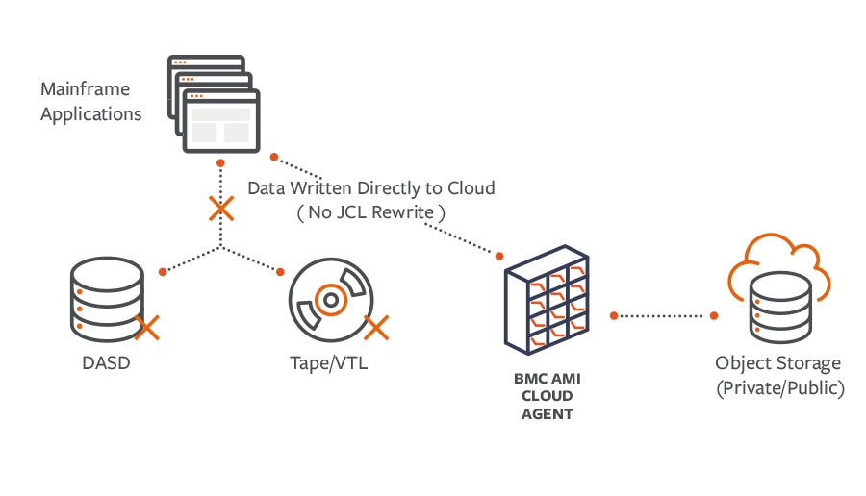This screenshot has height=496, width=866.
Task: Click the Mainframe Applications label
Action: tap(91, 102)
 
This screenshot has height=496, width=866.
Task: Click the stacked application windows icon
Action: tap(214, 104)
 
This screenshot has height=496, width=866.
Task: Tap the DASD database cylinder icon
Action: tap(107, 299)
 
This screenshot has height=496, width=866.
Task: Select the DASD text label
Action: tap(106, 363)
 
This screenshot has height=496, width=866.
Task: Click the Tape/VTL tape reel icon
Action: tap(331, 300)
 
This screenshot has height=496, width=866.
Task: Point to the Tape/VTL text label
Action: tap(329, 363)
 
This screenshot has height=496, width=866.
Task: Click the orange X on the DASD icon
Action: tap(147, 328)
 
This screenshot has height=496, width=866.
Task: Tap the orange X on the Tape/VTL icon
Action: tap(376, 328)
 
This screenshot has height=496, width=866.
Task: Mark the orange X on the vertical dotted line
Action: tap(221, 209)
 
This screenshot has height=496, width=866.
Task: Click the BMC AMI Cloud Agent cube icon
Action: tap(547, 300)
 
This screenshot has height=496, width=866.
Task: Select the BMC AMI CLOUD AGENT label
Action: tap(548, 396)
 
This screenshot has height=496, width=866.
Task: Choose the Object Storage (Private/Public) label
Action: tap(779, 376)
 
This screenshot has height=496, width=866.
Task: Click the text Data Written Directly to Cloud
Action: tap(371, 188)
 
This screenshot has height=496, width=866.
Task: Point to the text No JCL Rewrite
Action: tap(371, 212)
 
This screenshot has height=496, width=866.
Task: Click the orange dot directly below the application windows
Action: tap(221, 163)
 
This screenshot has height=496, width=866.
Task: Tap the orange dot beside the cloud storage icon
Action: tap(714, 315)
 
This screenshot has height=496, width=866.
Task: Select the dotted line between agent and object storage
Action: tap(664, 316)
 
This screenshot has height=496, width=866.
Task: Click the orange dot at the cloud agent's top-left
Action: tap(499, 256)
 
